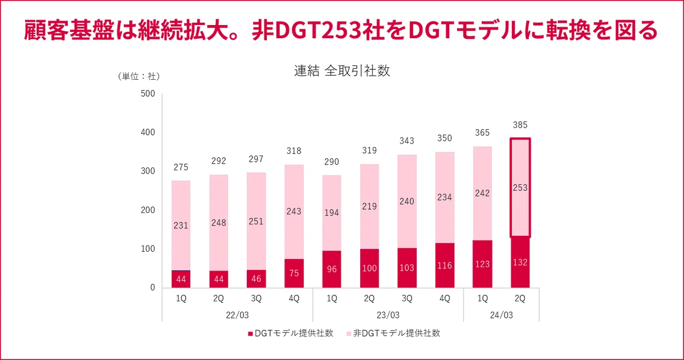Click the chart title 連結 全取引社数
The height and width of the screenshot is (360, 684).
click(x=342, y=71)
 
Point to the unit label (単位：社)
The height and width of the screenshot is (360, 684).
click(x=139, y=76)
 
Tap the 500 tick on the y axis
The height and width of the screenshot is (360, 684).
click(x=148, y=93)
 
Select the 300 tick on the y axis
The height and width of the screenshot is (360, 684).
click(x=148, y=171)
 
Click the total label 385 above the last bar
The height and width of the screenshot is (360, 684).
click(x=520, y=125)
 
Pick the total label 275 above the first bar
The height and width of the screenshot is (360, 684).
click(x=181, y=167)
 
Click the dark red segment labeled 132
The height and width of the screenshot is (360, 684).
click(x=520, y=262)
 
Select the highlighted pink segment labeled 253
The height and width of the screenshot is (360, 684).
click(x=520, y=187)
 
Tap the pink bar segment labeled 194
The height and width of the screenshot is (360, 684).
click(x=332, y=213)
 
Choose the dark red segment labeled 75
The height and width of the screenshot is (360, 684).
click(x=294, y=273)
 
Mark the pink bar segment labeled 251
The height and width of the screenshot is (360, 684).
click(x=256, y=221)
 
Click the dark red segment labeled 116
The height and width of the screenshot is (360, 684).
click(x=445, y=265)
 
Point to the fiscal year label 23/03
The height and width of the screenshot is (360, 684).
click(x=388, y=315)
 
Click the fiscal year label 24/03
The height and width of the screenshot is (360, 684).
click(x=501, y=315)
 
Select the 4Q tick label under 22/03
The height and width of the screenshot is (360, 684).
click(x=294, y=298)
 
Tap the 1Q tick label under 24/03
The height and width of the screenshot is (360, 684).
click(x=482, y=298)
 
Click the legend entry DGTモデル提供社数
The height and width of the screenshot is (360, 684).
click(x=290, y=333)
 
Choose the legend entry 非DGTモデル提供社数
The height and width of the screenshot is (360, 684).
click(x=393, y=333)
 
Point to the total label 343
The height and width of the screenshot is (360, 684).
click(x=407, y=141)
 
